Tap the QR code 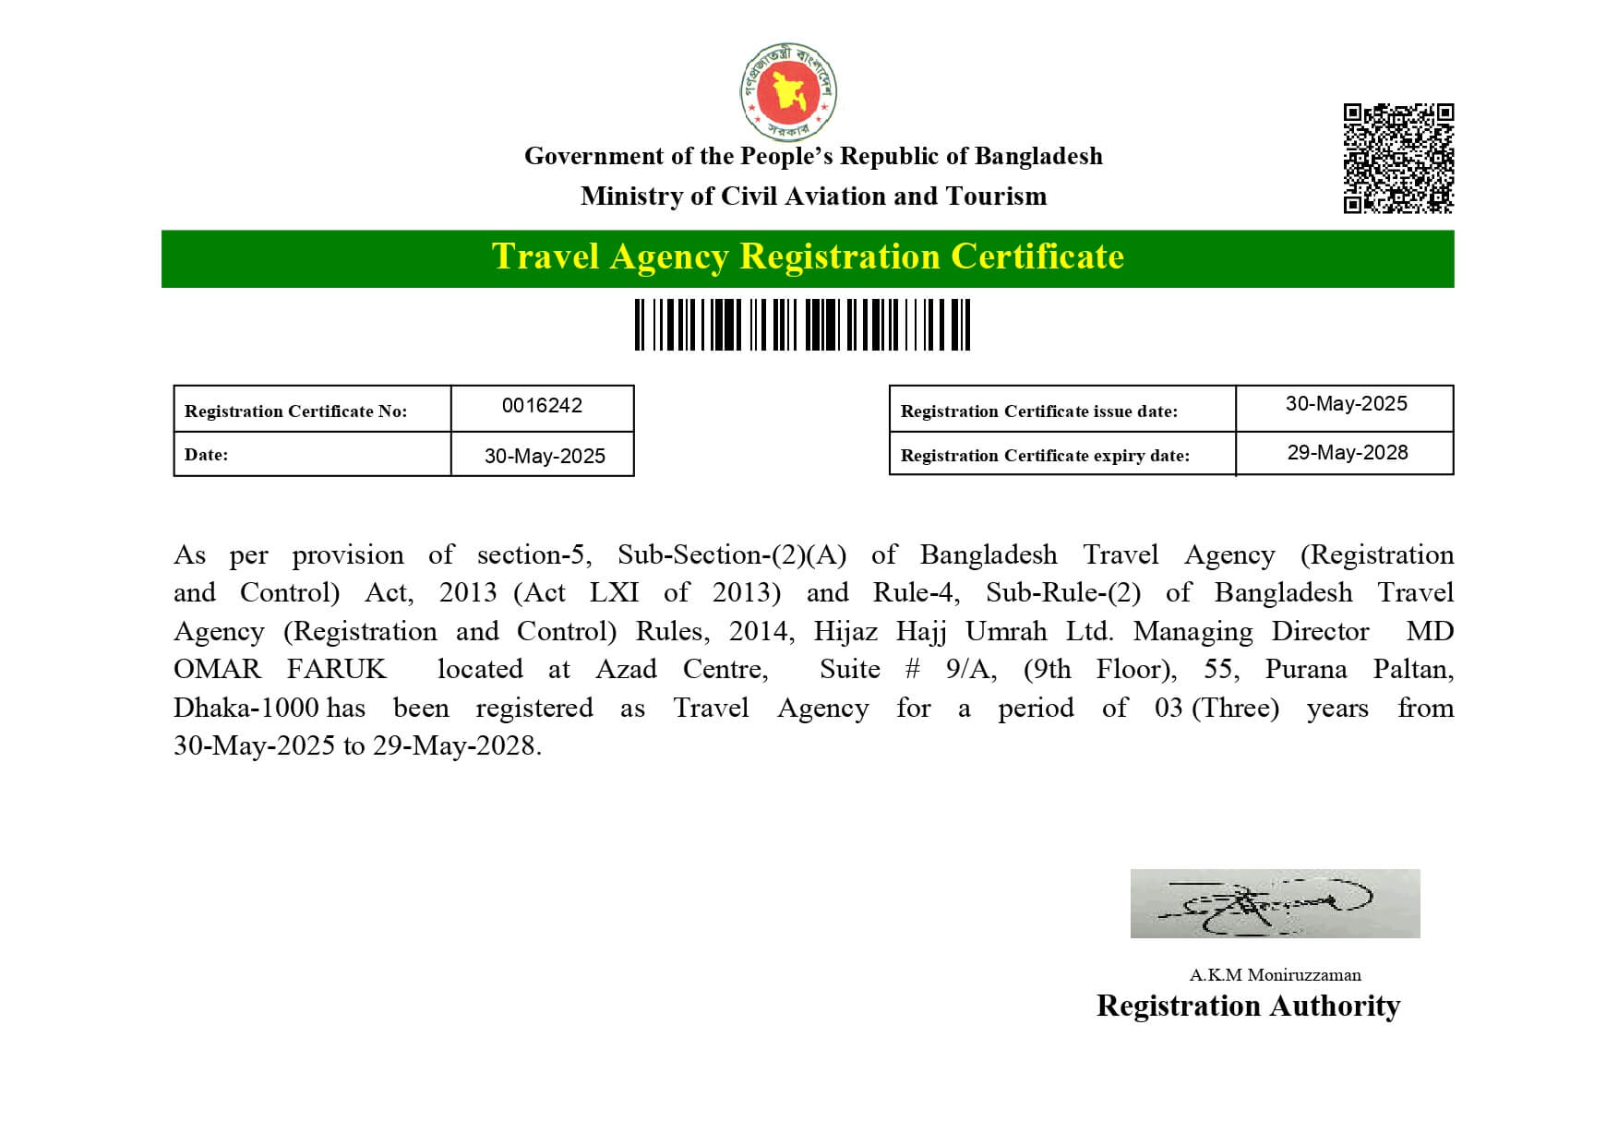pyautogui.click(x=1398, y=158)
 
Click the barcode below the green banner pyautogui.click(x=802, y=325)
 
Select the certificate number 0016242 pyautogui.click(x=542, y=406)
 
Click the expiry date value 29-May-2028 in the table pyautogui.click(x=1348, y=453)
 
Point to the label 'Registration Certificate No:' pyautogui.click(x=295, y=411)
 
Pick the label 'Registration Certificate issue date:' pyautogui.click(x=1038, y=411)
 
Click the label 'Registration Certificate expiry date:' pyautogui.click(x=1045, y=456)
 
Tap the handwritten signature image pyautogui.click(x=1275, y=903)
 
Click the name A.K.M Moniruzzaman pyautogui.click(x=1275, y=975)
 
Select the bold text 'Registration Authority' pyautogui.click(x=1248, y=1006)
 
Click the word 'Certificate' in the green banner pyautogui.click(x=1037, y=256)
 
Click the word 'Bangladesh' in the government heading pyautogui.click(x=1038, y=156)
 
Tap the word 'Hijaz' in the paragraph pyautogui.click(x=845, y=632)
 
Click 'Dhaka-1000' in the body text pyautogui.click(x=246, y=709)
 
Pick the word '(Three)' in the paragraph pyautogui.click(x=1235, y=709)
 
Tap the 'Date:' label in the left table pyautogui.click(x=206, y=455)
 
